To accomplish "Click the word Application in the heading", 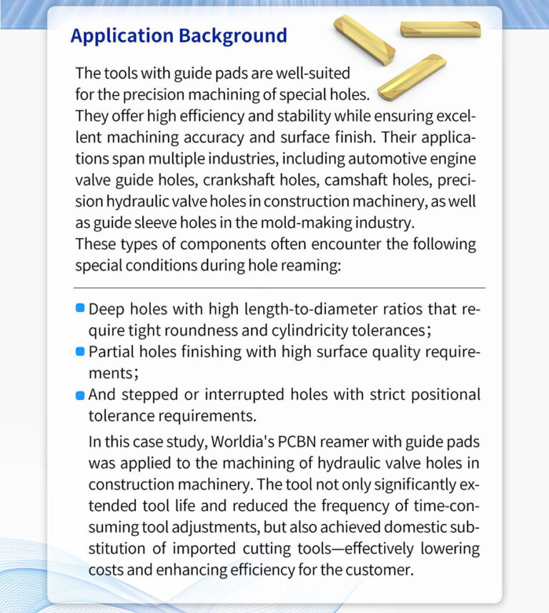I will [x=121, y=36].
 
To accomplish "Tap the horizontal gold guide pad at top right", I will [x=440, y=29].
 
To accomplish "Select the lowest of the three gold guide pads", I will [x=411, y=76].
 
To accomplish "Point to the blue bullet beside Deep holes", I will [x=81, y=309].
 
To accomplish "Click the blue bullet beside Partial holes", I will [x=81, y=352].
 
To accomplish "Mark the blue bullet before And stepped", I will [x=81, y=394].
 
